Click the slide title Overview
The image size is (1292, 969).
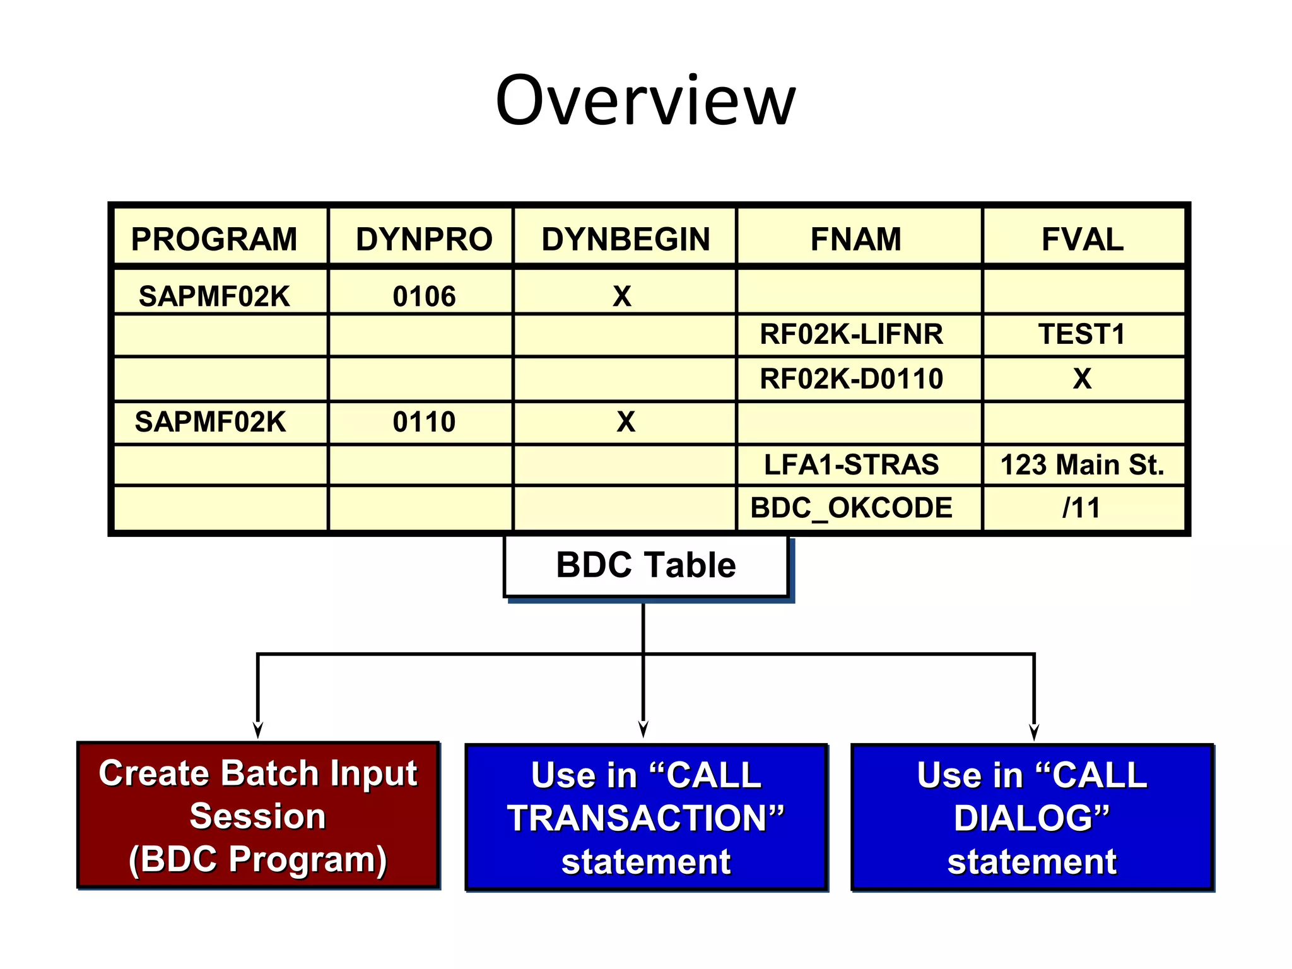(x=645, y=101)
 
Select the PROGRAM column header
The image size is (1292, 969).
(x=214, y=239)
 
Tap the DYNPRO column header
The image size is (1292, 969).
(x=424, y=239)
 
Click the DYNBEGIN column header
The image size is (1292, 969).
(x=625, y=239)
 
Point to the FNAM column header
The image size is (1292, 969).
(x=855, y=239)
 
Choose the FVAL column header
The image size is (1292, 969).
(x=1082, y=239)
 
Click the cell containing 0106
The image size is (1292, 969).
(x=424, y=296)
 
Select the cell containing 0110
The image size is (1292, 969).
(x=424, y=421)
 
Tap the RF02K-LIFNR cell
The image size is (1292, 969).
(x=851, y=334)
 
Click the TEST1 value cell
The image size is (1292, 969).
(x=1082, y=334)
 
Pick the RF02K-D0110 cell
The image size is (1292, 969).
(x=851, y=379)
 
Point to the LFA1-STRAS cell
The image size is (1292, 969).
(x=851, y=464)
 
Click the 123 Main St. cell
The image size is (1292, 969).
(x=1082, y=464)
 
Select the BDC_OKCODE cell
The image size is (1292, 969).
(x=851, y=507)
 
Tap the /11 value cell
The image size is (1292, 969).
(x=1082, y=507)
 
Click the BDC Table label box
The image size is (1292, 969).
(x=645, y=565)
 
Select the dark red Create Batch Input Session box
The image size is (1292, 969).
(x=257, y=816)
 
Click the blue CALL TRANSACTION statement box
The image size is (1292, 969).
(x=645, y=818)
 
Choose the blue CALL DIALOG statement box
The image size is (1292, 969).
(x=1032, y=818)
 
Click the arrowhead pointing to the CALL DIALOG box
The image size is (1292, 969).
(x=1033, y=733)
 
